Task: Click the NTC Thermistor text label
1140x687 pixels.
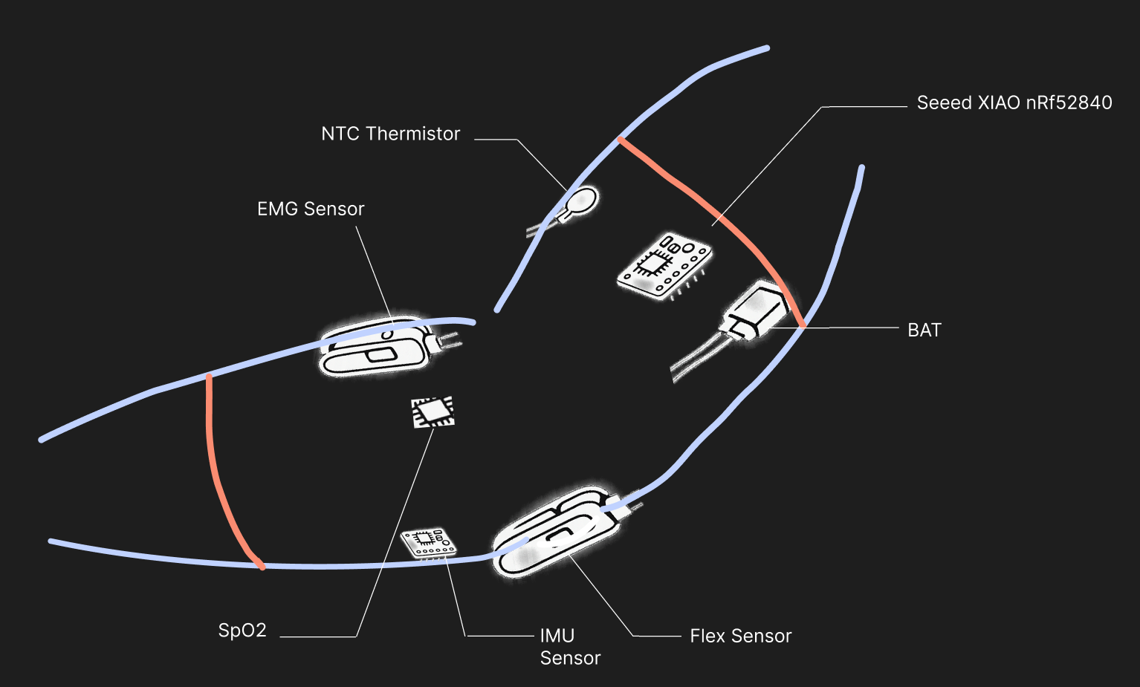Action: click(x=390, y=134)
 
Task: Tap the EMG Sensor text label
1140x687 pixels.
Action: click(x=311, y=209)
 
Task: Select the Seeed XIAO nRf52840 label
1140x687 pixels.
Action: click(x=1014, y=102)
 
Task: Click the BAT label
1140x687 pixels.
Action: click(x=924, y=331)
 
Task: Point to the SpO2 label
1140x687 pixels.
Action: click(x=242, y=631)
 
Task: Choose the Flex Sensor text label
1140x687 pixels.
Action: click(x=740, y=636)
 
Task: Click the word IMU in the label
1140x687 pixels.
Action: click(x=557, y=636)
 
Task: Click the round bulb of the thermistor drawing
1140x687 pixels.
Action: click(x=582, y=200)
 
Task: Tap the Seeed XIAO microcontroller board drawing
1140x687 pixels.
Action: click(x=664, y=266)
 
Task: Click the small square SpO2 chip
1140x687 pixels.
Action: click(x=433, y=411)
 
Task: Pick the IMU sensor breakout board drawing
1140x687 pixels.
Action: click(x=427, y=542)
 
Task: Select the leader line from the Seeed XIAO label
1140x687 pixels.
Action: click(x=765, y=167)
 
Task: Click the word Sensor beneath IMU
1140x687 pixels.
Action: click(x=570, y=659)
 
